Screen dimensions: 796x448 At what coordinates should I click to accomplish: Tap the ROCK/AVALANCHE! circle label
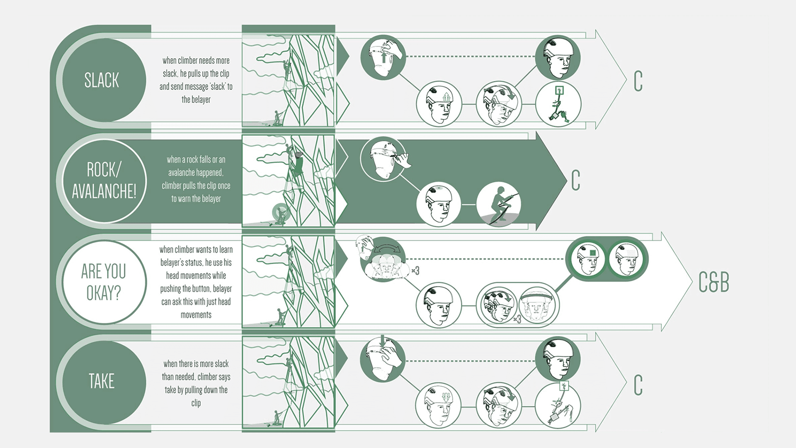coord(104,181)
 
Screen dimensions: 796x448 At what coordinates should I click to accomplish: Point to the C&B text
coord(713,282)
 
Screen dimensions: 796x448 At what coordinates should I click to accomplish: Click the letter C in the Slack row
coord(638,81)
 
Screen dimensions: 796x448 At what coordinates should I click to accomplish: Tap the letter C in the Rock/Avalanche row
coord(575,180)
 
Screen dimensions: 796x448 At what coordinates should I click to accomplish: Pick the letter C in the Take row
coord(638,385)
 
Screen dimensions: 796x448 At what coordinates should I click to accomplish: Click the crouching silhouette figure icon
coord(499,205)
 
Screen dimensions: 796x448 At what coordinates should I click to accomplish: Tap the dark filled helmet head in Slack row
coord(558,58)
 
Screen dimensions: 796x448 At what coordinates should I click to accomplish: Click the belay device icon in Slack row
coord(558,104)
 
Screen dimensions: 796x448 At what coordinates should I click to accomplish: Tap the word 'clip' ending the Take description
coord(196,403)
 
